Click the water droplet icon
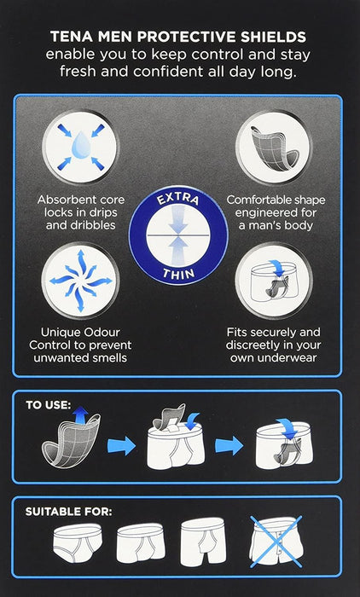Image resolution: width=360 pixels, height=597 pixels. click(80, 146)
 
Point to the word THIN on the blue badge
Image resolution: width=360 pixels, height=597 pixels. click(178, 272)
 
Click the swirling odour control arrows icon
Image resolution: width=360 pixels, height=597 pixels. click(80, 281)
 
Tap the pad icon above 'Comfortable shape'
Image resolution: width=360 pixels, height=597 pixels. click(275, 148)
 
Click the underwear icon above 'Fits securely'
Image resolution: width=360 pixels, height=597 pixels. click(274, 281)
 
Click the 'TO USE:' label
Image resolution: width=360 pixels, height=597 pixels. click(49, 405)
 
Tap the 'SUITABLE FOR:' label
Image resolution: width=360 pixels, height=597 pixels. click(68, 512)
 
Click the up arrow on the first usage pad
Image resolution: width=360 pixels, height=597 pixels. click(80, 415)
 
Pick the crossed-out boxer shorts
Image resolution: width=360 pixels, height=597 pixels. click(276, 541)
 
